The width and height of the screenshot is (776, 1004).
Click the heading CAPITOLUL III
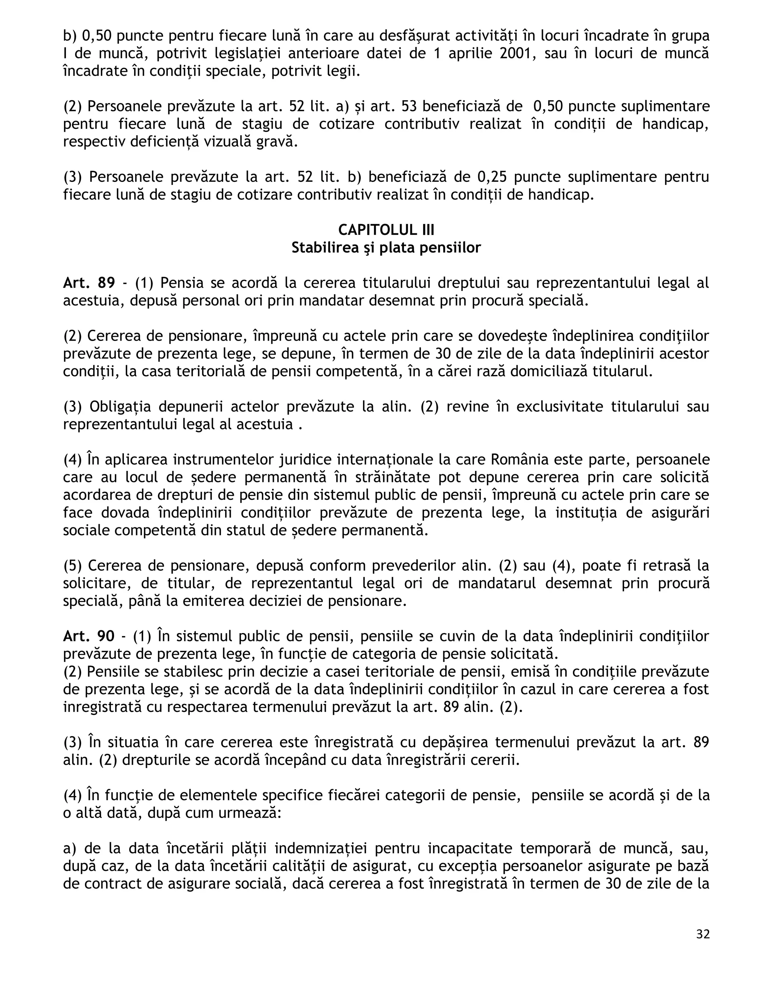coord(386,230)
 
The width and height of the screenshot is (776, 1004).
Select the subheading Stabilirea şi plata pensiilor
coord(386,248)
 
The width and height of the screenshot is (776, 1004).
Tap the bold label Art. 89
coord(89,283)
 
